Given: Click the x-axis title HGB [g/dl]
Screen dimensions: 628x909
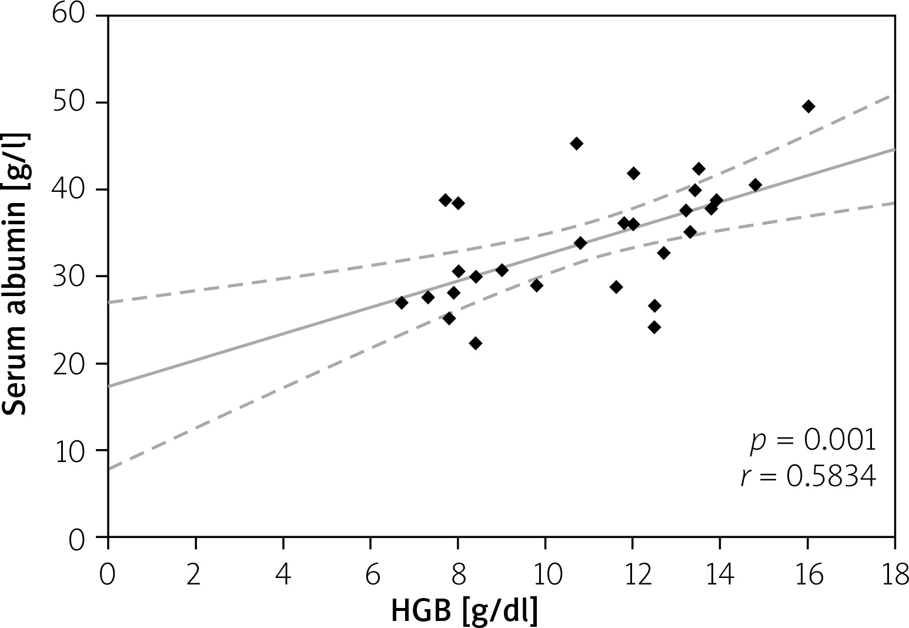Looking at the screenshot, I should [464, 612].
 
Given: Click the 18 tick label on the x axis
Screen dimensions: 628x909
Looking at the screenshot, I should [894, 576].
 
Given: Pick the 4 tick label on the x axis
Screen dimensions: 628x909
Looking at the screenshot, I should [283, 576].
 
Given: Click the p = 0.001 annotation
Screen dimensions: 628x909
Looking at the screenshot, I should [813, 441].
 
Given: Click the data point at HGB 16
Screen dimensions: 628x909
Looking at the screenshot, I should [808, 107].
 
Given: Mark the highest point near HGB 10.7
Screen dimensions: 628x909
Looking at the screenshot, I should [576, 144].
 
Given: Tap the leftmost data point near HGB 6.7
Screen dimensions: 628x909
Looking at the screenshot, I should [402, 303].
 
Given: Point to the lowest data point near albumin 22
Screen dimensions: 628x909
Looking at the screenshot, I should [476, 343].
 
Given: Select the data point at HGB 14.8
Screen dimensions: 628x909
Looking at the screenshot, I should [756, 185].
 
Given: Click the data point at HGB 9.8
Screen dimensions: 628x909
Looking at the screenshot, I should [536, 285].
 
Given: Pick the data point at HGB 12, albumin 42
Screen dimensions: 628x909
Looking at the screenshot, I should [633, 173].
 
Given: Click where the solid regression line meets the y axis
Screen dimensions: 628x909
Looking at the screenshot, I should [109, 387].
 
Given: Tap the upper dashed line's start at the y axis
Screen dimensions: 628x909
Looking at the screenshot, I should [109, 303].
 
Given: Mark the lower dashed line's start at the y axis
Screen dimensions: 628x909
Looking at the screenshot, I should [109, 469].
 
